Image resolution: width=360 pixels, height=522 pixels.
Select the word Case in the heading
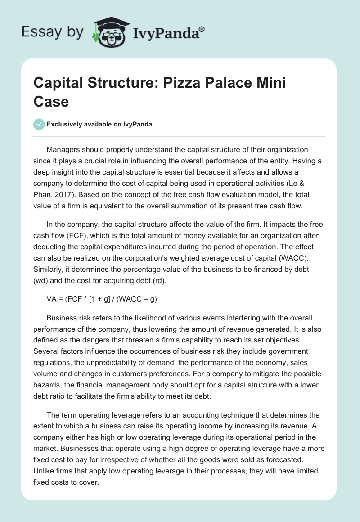click(51, 101)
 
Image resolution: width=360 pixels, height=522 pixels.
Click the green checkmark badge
click(39, 124)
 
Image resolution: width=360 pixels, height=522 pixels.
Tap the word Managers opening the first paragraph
click(63, 149)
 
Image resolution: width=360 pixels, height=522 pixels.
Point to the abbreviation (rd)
click(159, 281)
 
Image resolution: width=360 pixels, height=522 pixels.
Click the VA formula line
click(102, 299)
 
